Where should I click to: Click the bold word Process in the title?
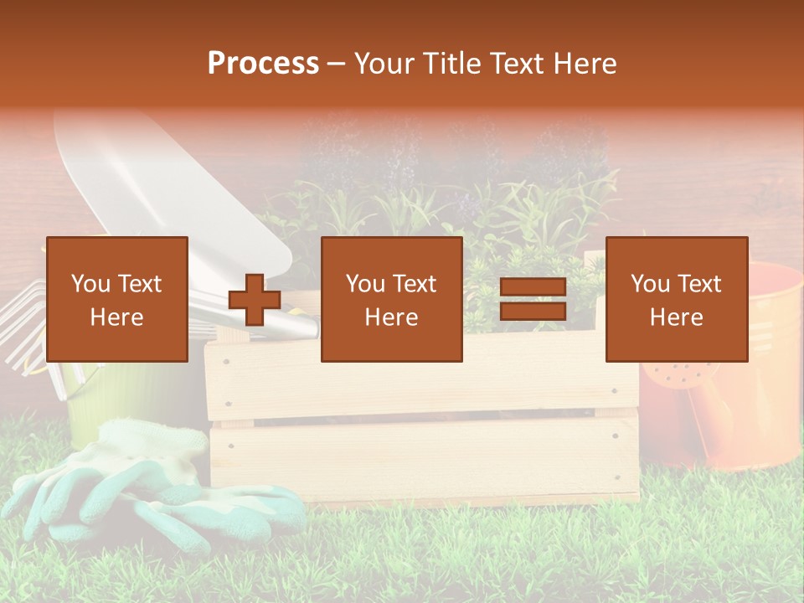(263, 64)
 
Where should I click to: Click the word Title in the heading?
(451, 64)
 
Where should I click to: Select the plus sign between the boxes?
(255, 300)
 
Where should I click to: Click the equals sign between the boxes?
(533, 299)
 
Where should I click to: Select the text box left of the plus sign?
(117, 299)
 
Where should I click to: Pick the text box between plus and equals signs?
(391, 299)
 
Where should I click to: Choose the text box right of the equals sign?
(676, 299)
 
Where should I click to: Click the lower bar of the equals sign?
(533, 311)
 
